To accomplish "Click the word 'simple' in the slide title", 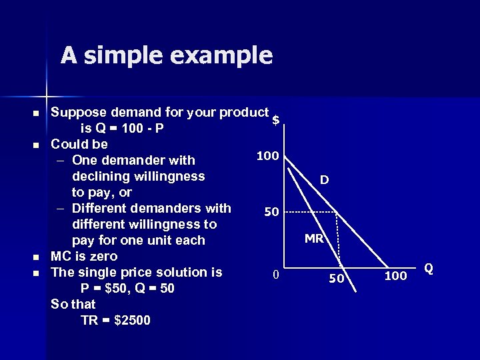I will pyautogui.click(x=130, y=55).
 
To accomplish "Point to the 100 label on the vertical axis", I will pyautogui.click(x=267, y=156).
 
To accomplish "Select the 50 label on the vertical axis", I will pyautogui.click(x=271, y=212).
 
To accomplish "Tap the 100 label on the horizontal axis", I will pyautogui.click(x=395, y=275).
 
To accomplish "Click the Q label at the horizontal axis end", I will pyautogui.click(x=429, y=268).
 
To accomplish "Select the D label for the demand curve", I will pyautogui.click(x=323, y=180).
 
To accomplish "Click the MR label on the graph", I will pyautogui.click(x=314, y=238).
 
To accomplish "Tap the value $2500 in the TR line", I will pyautogui.click(x=133, y=320).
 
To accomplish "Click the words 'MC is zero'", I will pyautogui.click(x=84, y=256).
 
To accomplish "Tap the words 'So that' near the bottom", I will pyautogui.click(x=73, y=304).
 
